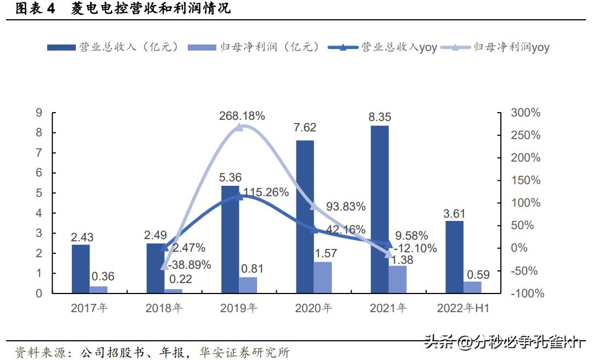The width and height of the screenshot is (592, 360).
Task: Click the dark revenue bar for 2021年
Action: [x=379, y=209]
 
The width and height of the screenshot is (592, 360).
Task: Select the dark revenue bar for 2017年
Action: [x=81, y=269]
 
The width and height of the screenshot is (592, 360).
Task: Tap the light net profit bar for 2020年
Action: [x=323, y=278]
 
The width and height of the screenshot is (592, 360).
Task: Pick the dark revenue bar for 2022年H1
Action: [x=454, y=257]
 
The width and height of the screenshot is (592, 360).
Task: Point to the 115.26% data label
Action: [x=266, y=192]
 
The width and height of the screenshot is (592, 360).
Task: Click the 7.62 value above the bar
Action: [x=305, y=128]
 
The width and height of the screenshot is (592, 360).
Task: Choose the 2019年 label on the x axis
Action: [x=238, y=308]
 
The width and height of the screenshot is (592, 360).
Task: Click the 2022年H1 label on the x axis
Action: [x=462, y=308]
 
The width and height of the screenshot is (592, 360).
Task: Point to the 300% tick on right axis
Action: [x=525, y=113]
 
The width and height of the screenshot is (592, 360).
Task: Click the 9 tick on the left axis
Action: [x=39, y=113]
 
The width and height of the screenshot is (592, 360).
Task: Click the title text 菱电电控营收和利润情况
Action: [x=150, y=9]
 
